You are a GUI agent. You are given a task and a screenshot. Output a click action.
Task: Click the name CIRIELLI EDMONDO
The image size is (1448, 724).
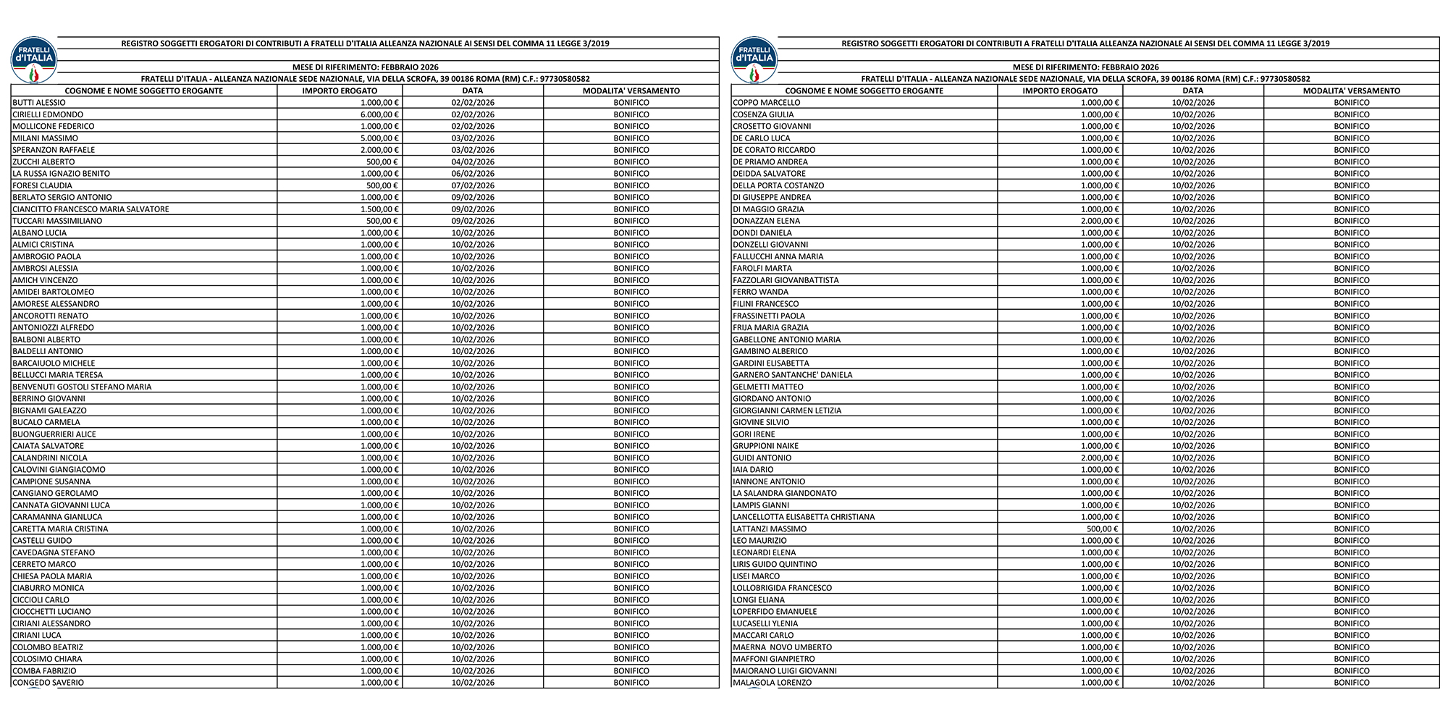click(x=48, y=114)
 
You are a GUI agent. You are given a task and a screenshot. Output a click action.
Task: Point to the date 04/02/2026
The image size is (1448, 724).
click(x=473, y=162)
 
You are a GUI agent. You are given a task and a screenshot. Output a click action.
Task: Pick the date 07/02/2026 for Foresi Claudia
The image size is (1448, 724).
click(x=473, y=185)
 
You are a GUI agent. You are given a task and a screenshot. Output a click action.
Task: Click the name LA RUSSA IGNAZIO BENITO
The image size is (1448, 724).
click(x=62, y=174)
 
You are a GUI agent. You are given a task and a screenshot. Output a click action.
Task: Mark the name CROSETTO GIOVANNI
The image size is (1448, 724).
click(x=772, y=126)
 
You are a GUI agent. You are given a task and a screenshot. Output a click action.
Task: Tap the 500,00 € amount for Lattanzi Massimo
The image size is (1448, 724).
click(x=1103, y=529)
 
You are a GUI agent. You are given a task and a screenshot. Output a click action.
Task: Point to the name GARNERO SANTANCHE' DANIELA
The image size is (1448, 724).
click(x=792, y=375)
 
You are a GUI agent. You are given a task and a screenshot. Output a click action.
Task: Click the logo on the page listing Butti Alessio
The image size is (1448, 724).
click(x=33, y=59)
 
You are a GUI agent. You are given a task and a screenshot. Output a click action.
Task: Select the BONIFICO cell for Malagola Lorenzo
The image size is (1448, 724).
click(x=1352, y=683)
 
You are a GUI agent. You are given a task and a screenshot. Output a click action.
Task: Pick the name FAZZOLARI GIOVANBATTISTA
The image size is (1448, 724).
click(x=786, y=280)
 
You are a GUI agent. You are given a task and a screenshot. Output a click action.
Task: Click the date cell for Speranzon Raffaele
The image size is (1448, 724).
click(x=473, y=150)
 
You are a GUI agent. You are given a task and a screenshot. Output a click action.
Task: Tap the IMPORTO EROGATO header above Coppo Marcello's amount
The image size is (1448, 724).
click(x=1060, y=91)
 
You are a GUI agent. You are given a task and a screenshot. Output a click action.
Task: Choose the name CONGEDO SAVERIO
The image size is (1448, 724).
click(x=48, y=683)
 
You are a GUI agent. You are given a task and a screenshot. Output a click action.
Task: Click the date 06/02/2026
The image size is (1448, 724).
click(x=473, y=174)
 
